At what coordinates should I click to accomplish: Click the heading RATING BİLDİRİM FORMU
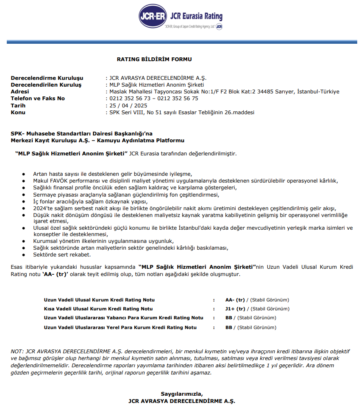154,59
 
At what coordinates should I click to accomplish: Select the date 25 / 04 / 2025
128,106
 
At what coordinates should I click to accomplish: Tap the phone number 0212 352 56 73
128,99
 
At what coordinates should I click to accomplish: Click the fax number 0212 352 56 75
179,99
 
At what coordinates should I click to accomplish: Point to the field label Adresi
20,92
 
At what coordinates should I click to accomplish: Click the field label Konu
18,113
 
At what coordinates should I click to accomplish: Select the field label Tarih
18,106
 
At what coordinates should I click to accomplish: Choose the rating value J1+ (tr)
235,309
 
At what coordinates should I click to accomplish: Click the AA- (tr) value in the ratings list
236,300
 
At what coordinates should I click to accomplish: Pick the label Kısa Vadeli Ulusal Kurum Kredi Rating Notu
98,309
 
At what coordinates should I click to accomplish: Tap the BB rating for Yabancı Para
229,318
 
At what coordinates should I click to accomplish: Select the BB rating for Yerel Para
229,327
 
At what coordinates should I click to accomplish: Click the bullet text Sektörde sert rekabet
62,255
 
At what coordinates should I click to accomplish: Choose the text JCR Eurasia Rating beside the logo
196,17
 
